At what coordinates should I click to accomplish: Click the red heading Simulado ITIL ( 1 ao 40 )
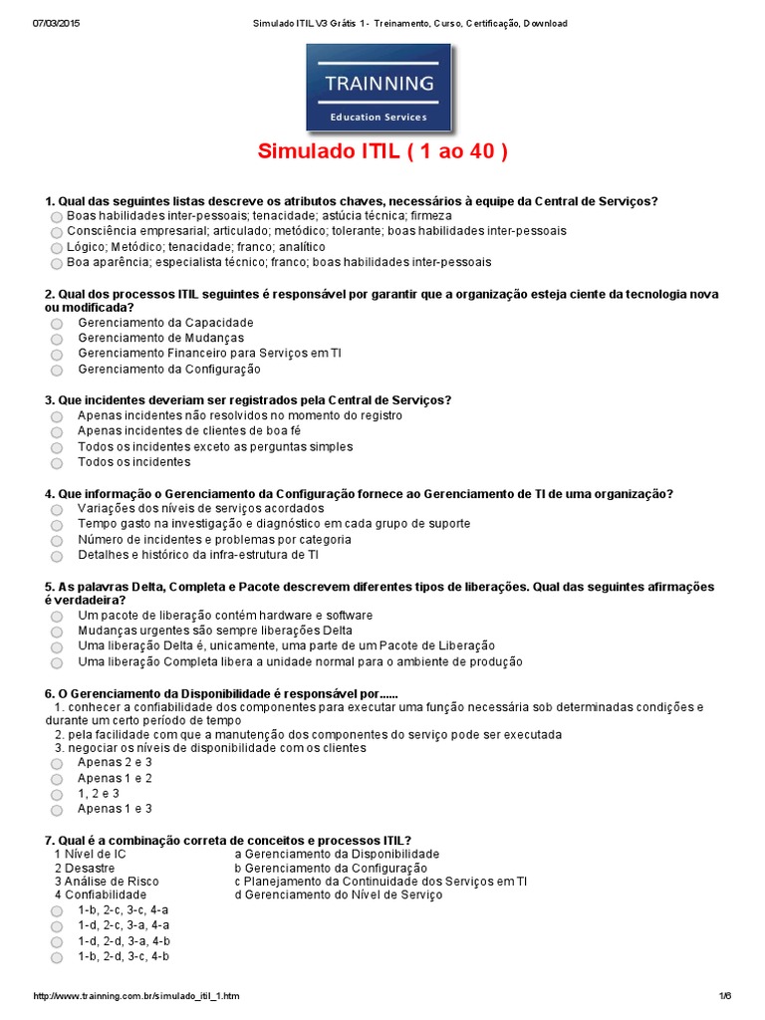click(382, 152)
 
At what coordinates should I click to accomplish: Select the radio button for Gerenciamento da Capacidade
click(57, 324)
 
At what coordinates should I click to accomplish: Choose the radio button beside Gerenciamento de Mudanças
click(57, 339)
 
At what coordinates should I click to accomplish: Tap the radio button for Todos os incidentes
click(57, 463)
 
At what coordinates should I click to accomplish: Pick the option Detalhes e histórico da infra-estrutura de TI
click(57, 556)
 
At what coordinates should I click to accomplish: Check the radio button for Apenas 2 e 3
click(57, 764)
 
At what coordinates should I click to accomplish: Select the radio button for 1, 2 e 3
click(57, 795)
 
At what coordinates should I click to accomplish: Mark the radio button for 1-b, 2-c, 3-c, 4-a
click(57, 911)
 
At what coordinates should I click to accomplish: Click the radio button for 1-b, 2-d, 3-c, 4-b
click(57, 958)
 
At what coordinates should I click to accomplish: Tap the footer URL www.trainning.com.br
click(136, 996)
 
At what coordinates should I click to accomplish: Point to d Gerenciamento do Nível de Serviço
click(339, 894)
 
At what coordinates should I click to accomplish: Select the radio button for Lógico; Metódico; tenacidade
click(57, 248)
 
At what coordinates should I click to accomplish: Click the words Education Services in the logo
click(379, 117)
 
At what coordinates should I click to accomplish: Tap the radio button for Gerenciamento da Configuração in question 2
click(57, 371)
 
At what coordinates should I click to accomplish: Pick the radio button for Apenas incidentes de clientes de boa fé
click(57, 432)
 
